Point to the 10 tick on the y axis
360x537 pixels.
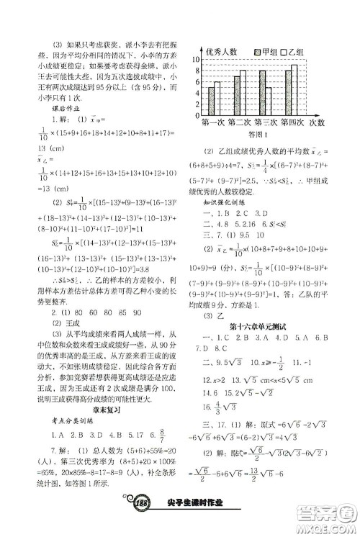coord(193,60)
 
